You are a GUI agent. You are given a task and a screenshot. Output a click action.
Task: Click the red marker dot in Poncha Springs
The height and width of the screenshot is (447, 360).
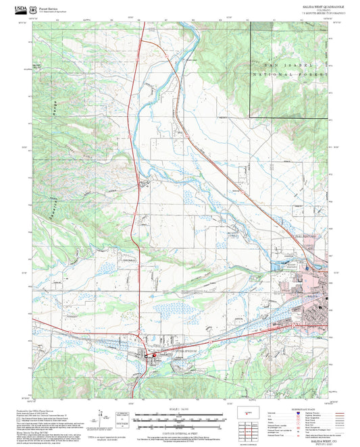pos(153,355)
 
